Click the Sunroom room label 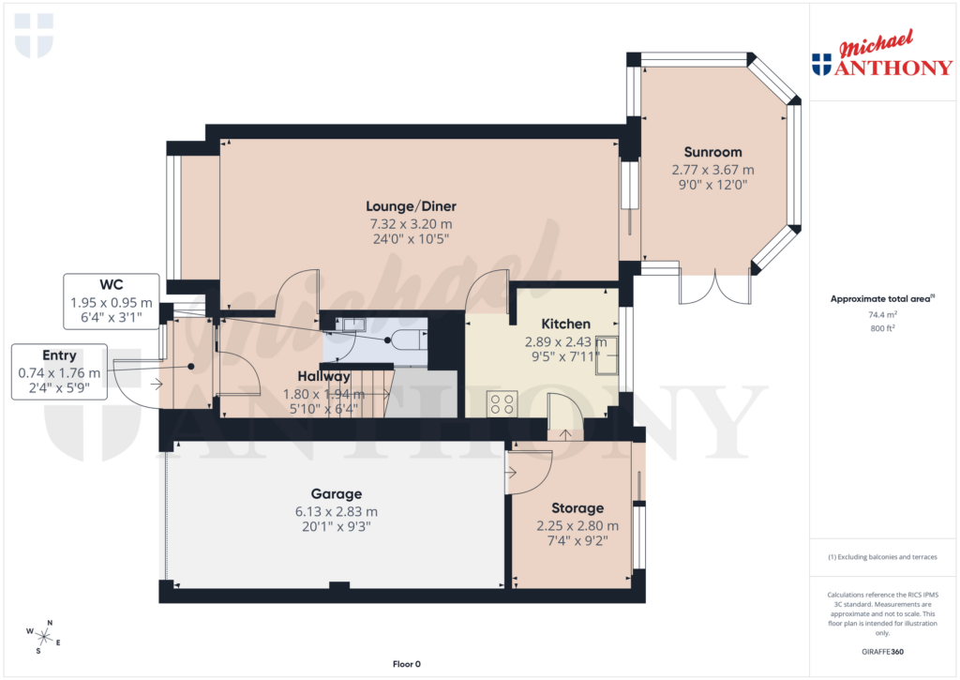coord(712,152)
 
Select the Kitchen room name coord(565,324)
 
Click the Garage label coord(336,493)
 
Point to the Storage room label coord(577,508)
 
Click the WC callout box coord(111,301)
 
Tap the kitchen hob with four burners coord(502,404)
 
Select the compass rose coord(44,637)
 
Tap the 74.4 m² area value coord(880,316)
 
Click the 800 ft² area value coord(880,329)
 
